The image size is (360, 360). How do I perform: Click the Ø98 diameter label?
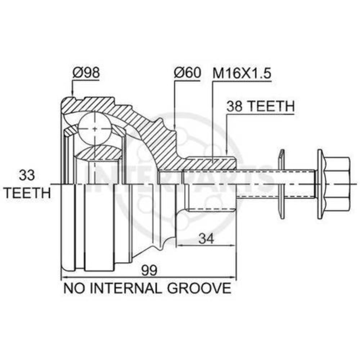click(86, 73)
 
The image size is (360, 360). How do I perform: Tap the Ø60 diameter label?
click(187, 73)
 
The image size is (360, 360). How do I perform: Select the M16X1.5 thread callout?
click(242, 73)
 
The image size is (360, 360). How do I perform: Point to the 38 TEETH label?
click(260, 106)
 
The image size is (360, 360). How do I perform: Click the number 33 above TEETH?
click(27, 175)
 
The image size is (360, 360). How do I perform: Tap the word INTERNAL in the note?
click(126, 288)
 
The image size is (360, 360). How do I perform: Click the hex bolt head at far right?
click(334, 184)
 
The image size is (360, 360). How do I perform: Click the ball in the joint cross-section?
click(94, 129)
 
